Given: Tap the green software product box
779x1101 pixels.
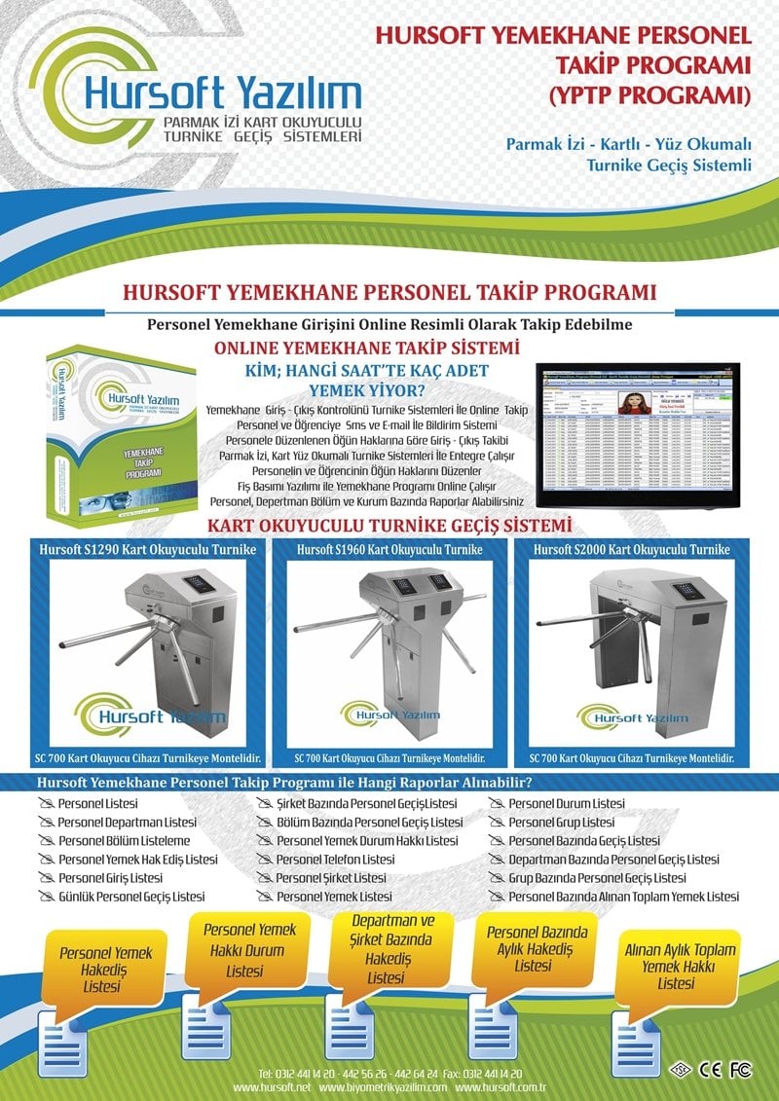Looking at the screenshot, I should tap(122, 428).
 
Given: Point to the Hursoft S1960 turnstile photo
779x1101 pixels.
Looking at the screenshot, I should tap(389, 647).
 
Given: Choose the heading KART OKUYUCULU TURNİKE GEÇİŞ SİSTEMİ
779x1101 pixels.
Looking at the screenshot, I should tap(389, 527).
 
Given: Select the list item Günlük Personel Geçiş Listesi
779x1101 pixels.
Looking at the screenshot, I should tap(131, 896).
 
